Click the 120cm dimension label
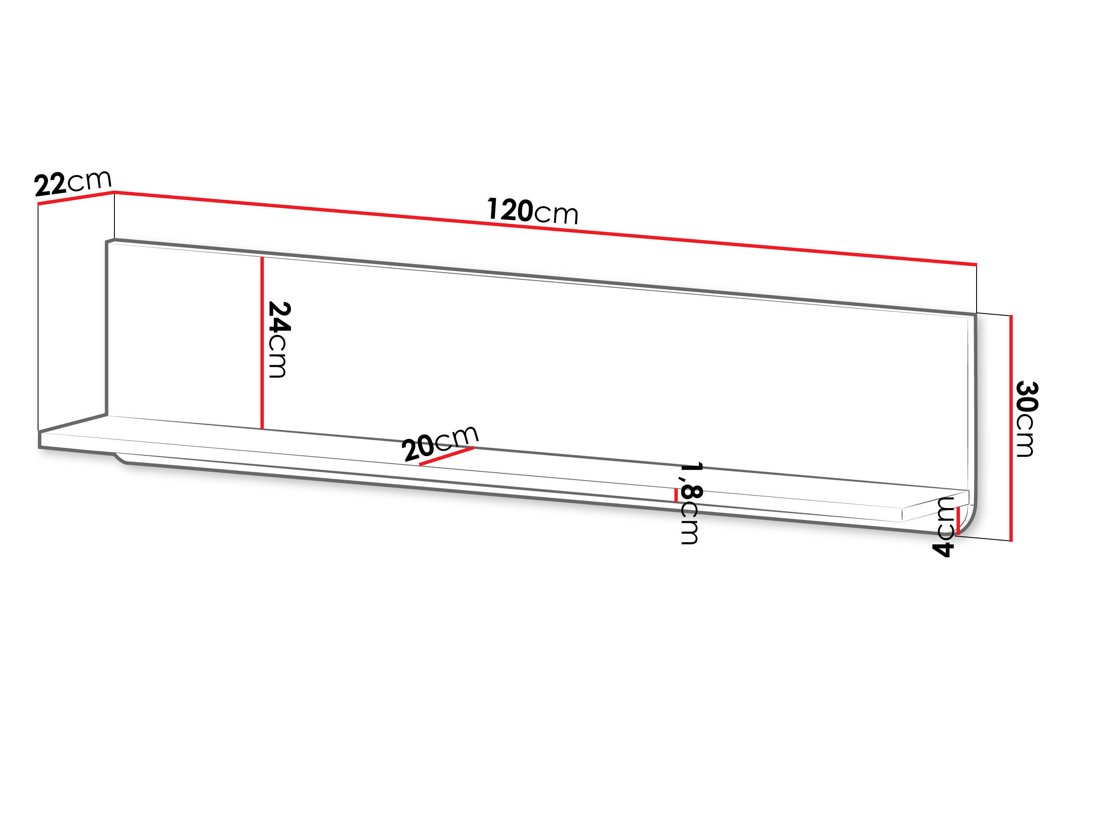click(x=533, y=211)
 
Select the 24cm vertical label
click(x=278, y=340)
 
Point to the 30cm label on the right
click(x=1027, y=419)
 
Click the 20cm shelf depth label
click(x=440, y=442)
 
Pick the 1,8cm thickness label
click(x=690, y=504)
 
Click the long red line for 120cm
click(x=546, y=228)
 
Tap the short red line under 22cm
click(x=75, y=198)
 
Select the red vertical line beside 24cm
click(x=262, y=343)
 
